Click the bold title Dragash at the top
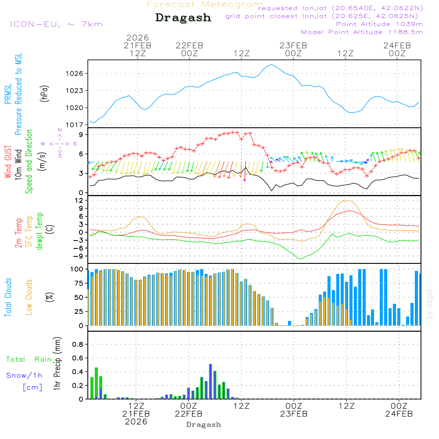183,18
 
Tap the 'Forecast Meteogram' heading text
205,4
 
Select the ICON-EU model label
56,24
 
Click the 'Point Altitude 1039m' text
379,24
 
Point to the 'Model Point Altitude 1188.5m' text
362,32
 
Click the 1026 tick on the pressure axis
75,74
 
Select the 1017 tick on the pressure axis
75,125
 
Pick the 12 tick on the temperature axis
79,200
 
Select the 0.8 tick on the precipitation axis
77,344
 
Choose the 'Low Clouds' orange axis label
29,297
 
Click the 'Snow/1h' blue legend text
24,375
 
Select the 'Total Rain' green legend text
29,360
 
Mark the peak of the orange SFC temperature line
348,201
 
